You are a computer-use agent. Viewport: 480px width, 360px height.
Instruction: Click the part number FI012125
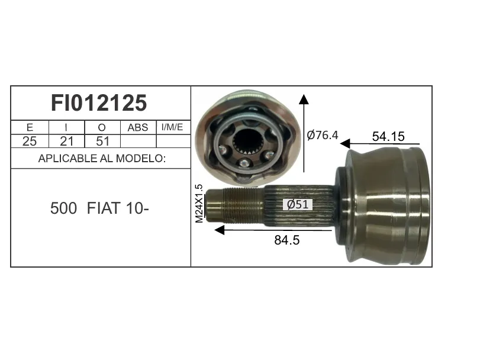coord(99,103)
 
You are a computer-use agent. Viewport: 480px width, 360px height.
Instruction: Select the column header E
coord(30,127)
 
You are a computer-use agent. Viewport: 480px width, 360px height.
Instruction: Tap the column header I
coord(66,127)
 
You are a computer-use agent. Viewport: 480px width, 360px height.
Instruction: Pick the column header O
coord(102,127)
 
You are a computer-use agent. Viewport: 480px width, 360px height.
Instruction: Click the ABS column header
coord(138,127)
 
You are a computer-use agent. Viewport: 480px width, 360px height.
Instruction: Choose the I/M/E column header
coord(172,127)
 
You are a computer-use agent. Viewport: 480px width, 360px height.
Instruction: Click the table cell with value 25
coord(30,142)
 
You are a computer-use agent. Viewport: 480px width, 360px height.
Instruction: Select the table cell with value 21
coord(66,142)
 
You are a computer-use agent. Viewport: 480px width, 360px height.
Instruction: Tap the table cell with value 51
coord(102,142)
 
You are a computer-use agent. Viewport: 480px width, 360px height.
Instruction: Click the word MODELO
coord(141,158)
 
